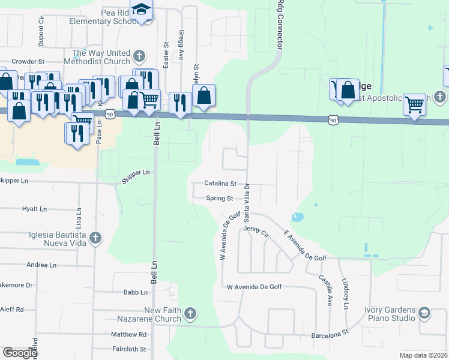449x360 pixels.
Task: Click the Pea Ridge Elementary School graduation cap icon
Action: (x=142, y=10)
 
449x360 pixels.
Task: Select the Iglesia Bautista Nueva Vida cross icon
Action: (x=95, y=239)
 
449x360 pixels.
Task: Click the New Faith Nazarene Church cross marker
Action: (x=190, y=314)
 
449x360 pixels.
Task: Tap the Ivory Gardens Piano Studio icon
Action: (x=424, y=314)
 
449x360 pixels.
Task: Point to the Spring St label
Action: (x=220, y=198)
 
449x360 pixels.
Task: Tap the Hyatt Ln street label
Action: (x=34, y=209)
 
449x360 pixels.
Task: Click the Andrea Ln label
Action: (x=41, y=265)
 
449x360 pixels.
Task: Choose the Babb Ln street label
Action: (x=135, y=292)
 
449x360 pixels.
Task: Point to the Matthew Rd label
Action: (x=129, y=334)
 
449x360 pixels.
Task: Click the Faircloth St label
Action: (x=129, y=349)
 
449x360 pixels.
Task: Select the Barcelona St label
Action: (x=330, y=334)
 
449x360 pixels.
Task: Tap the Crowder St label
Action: (x=28, y=61)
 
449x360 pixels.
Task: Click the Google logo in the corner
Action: (x=20, y=353)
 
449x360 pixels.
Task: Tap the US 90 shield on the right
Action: (x=334, y=121)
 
